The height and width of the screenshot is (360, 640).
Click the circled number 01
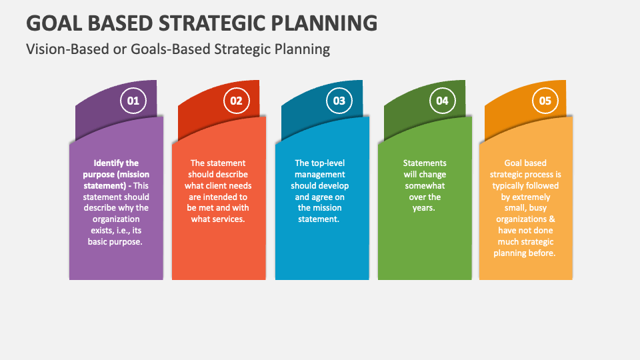tap(133, 101)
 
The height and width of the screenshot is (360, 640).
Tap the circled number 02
tap(236, 101)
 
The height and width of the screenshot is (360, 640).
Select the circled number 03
tap(339, 101)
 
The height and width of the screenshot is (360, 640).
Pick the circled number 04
tap(443, 101)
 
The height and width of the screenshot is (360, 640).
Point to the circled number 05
tap(545, 101)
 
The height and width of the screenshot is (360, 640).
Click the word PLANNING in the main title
tap(324, 23)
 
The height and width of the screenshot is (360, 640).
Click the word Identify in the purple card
tap(108, 163)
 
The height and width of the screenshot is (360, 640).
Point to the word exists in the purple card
tap(103, 230)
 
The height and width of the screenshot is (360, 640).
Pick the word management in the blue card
tap(320, 175)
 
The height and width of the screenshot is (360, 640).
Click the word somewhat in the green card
tap(425, 186)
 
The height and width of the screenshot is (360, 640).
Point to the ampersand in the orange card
tap(552, 219)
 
